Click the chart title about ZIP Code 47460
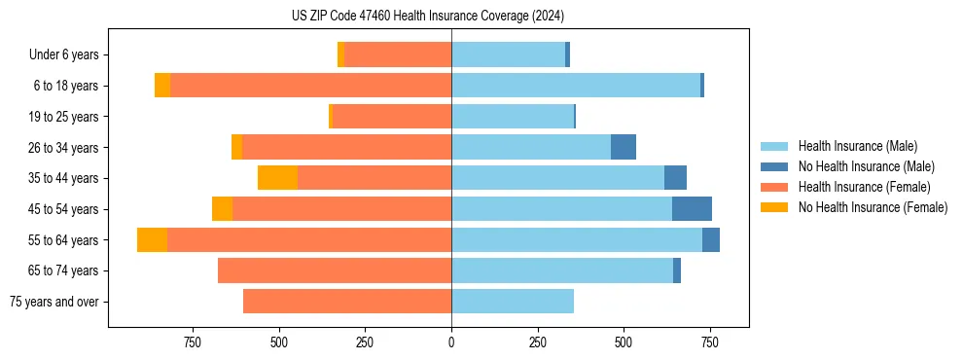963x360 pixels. [x=428, y=16]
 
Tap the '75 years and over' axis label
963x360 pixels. [x=54, y=302]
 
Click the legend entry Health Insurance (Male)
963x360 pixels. [x=857, y=146]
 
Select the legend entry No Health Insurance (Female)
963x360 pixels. [x=873, y=207]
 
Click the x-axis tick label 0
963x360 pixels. [x=451, y=342]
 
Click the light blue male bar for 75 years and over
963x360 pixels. [x=513, y=302]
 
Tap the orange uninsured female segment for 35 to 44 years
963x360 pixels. [x=277, y=178]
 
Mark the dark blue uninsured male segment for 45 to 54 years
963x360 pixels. [x=692, y=209]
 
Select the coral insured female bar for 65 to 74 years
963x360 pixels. [x=335, y=270]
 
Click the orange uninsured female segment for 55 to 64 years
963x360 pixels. [x=152, y=240]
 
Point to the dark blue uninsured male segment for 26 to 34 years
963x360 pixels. [x=624, y=148]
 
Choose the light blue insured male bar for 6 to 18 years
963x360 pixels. [x=576, y=86]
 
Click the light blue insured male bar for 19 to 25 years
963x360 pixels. [x=513, y=117]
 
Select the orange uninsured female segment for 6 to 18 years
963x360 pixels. [x=162, y=86]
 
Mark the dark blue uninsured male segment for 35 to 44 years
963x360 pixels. [x=675, y=178]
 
